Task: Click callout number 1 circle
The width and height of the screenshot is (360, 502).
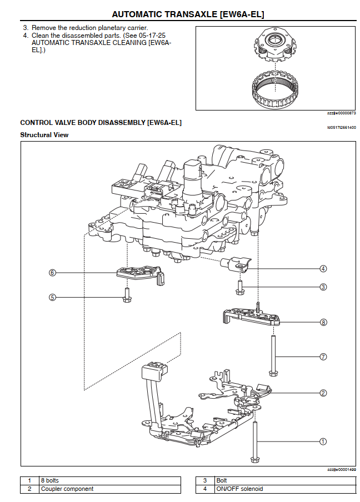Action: tap(323, 441)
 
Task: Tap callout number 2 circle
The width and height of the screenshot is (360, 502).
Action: tap(323, 393)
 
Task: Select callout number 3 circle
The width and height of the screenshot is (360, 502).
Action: tap(323, 287)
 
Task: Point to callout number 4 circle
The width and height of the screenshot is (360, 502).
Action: tap(323, 269)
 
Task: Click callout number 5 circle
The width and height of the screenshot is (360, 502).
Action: tap(52, 297)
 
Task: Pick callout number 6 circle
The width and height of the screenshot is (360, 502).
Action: tap(52, 273)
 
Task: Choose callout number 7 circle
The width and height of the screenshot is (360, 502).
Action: tap(323, 357)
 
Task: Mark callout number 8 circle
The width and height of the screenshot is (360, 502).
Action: tap(323, 322)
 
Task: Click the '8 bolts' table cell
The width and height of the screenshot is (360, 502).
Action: tap(109, 480)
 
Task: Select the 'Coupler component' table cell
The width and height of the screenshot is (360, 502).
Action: tap(109, 489)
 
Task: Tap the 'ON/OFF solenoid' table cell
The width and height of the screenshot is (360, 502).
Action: tap(284, 489)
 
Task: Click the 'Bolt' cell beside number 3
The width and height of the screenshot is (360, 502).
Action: tap(284, 480)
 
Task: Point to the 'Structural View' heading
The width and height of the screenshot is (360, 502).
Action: tap(44, 135)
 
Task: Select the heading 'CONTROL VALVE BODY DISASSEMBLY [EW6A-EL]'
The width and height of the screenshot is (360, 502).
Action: tap(101, 122)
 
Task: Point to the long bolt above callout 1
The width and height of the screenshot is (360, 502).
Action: tap(255, 439)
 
